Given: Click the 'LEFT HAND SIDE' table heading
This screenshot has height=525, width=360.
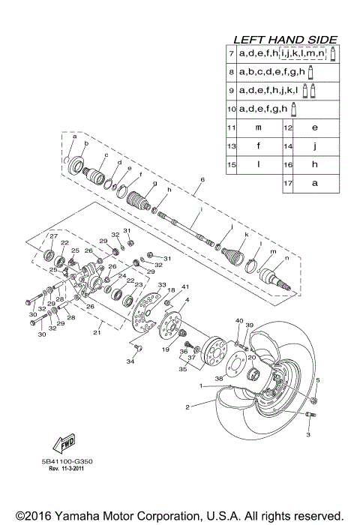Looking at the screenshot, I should click(x=285, y=39).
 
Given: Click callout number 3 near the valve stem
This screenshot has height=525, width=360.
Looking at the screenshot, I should click(x=307, y=434).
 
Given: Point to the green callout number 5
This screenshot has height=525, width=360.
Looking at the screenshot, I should click(x=316, y=381).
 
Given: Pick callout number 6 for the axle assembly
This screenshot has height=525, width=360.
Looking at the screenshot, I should click(x=202, y=180).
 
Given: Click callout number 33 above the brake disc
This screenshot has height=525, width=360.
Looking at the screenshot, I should click(x=160, y=286).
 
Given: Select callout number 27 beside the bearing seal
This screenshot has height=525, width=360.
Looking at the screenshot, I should click(x=53, y=236).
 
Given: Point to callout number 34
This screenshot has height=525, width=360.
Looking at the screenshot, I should click(x=130, y=361).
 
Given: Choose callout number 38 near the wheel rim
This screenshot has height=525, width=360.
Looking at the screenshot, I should click(x=218, y=379).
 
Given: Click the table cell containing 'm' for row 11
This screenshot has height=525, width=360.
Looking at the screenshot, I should click(x=259, y=128).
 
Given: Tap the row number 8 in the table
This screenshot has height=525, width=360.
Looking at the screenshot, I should click(x=232, y=73).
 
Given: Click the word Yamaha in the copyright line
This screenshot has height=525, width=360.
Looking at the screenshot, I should click(x=72, y=516).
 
